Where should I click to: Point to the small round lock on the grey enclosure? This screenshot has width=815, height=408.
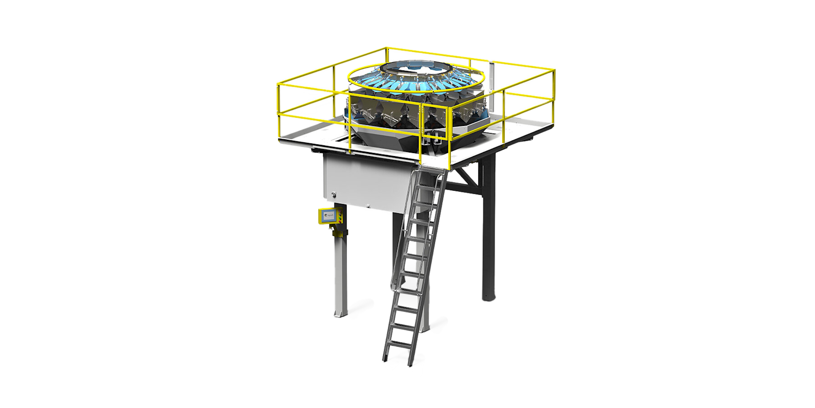pyautogui.click(x=334, y=194)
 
